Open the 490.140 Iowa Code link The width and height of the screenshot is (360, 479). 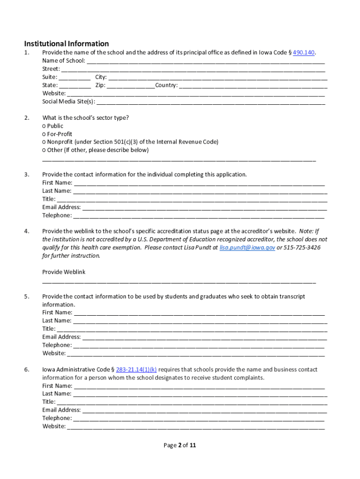303,52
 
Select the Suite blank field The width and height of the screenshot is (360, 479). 75,77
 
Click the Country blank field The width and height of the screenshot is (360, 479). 253,86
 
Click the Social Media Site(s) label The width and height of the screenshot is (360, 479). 68,102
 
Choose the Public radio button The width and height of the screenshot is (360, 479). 44,126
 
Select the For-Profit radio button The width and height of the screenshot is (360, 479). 44,134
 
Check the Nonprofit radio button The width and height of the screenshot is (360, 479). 44,142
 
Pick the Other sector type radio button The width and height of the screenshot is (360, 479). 44,150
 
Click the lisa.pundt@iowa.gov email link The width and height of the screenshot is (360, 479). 247,247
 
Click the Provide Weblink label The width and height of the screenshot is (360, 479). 64,272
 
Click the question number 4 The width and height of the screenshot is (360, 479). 27,231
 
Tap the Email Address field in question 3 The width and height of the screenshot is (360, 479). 204,207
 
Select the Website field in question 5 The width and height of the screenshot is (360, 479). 196,353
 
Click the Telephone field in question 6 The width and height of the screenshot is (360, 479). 199,418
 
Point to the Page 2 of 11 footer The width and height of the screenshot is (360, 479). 180,445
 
